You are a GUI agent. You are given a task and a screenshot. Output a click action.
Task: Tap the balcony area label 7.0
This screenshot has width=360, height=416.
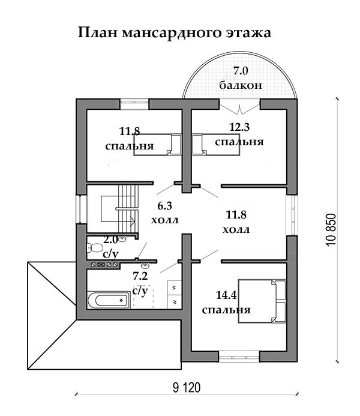241,71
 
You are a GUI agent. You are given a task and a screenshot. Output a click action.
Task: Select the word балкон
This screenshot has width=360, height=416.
241,85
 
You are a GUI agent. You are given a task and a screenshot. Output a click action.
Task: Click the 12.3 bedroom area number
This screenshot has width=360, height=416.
239,127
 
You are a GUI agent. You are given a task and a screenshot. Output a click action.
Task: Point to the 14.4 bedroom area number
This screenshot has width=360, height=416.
226,295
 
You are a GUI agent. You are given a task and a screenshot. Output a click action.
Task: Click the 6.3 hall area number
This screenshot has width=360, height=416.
164,206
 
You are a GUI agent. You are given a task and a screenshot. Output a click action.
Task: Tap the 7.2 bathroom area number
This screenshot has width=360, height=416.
140,276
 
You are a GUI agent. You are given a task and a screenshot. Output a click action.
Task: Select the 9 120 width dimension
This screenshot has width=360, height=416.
187,388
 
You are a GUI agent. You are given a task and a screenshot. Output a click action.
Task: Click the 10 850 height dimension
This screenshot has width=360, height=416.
331,230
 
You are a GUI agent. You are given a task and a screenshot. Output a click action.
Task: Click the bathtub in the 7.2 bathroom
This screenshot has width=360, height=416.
109,300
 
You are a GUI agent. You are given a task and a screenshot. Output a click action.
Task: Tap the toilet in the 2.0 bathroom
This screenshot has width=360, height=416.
95,248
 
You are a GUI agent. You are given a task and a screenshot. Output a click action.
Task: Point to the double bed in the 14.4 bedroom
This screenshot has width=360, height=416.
262,301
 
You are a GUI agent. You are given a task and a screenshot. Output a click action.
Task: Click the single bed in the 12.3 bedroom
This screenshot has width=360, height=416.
216,145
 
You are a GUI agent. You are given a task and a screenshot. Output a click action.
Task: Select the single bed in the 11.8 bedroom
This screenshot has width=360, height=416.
157,145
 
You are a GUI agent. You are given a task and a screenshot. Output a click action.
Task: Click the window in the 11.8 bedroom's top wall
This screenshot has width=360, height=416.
134,104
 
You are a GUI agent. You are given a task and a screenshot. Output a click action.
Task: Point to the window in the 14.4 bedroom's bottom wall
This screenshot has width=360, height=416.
239,357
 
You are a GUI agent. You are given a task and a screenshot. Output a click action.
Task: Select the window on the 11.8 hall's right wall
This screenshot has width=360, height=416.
292,215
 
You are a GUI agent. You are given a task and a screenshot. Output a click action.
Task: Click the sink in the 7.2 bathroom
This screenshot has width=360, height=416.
145,265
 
